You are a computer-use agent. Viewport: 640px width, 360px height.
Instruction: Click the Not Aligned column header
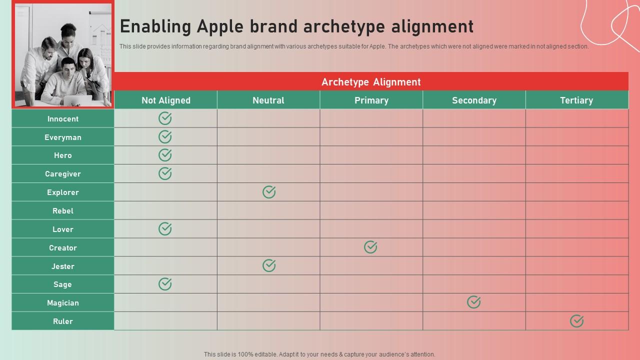pos(165,100)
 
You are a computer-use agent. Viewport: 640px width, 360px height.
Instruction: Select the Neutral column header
pos(268,100)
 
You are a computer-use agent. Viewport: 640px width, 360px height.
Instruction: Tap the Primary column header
pos(371,100)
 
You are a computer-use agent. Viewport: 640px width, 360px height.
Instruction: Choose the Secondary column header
pos(474,100)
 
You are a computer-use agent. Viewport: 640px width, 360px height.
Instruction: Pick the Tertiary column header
pos(576,100)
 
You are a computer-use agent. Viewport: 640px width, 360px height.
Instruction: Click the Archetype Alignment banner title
pos(371,82)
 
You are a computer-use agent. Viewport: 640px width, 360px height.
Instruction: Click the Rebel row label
pos(63,211)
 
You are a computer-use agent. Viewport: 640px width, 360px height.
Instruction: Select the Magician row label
pos(63,303)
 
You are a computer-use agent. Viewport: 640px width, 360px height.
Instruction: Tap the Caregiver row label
pos(63,174)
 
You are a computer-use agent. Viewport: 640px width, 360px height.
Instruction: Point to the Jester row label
pos(63,266)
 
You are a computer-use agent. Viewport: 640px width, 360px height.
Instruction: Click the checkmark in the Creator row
pos(370,247)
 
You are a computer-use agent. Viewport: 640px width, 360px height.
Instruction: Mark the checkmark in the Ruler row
pos(576,321)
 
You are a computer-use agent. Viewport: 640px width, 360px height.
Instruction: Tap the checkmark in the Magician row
pos(473,302)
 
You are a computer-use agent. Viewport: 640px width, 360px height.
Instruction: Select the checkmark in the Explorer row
pos(269,191)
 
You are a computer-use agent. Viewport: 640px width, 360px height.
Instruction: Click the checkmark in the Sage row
pos(165,283)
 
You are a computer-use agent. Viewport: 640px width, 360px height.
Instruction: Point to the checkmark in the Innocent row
pos(165,118)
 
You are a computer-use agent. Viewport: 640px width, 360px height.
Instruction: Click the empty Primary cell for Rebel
pos(371,210)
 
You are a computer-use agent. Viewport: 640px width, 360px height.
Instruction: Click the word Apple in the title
pos(220,26)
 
